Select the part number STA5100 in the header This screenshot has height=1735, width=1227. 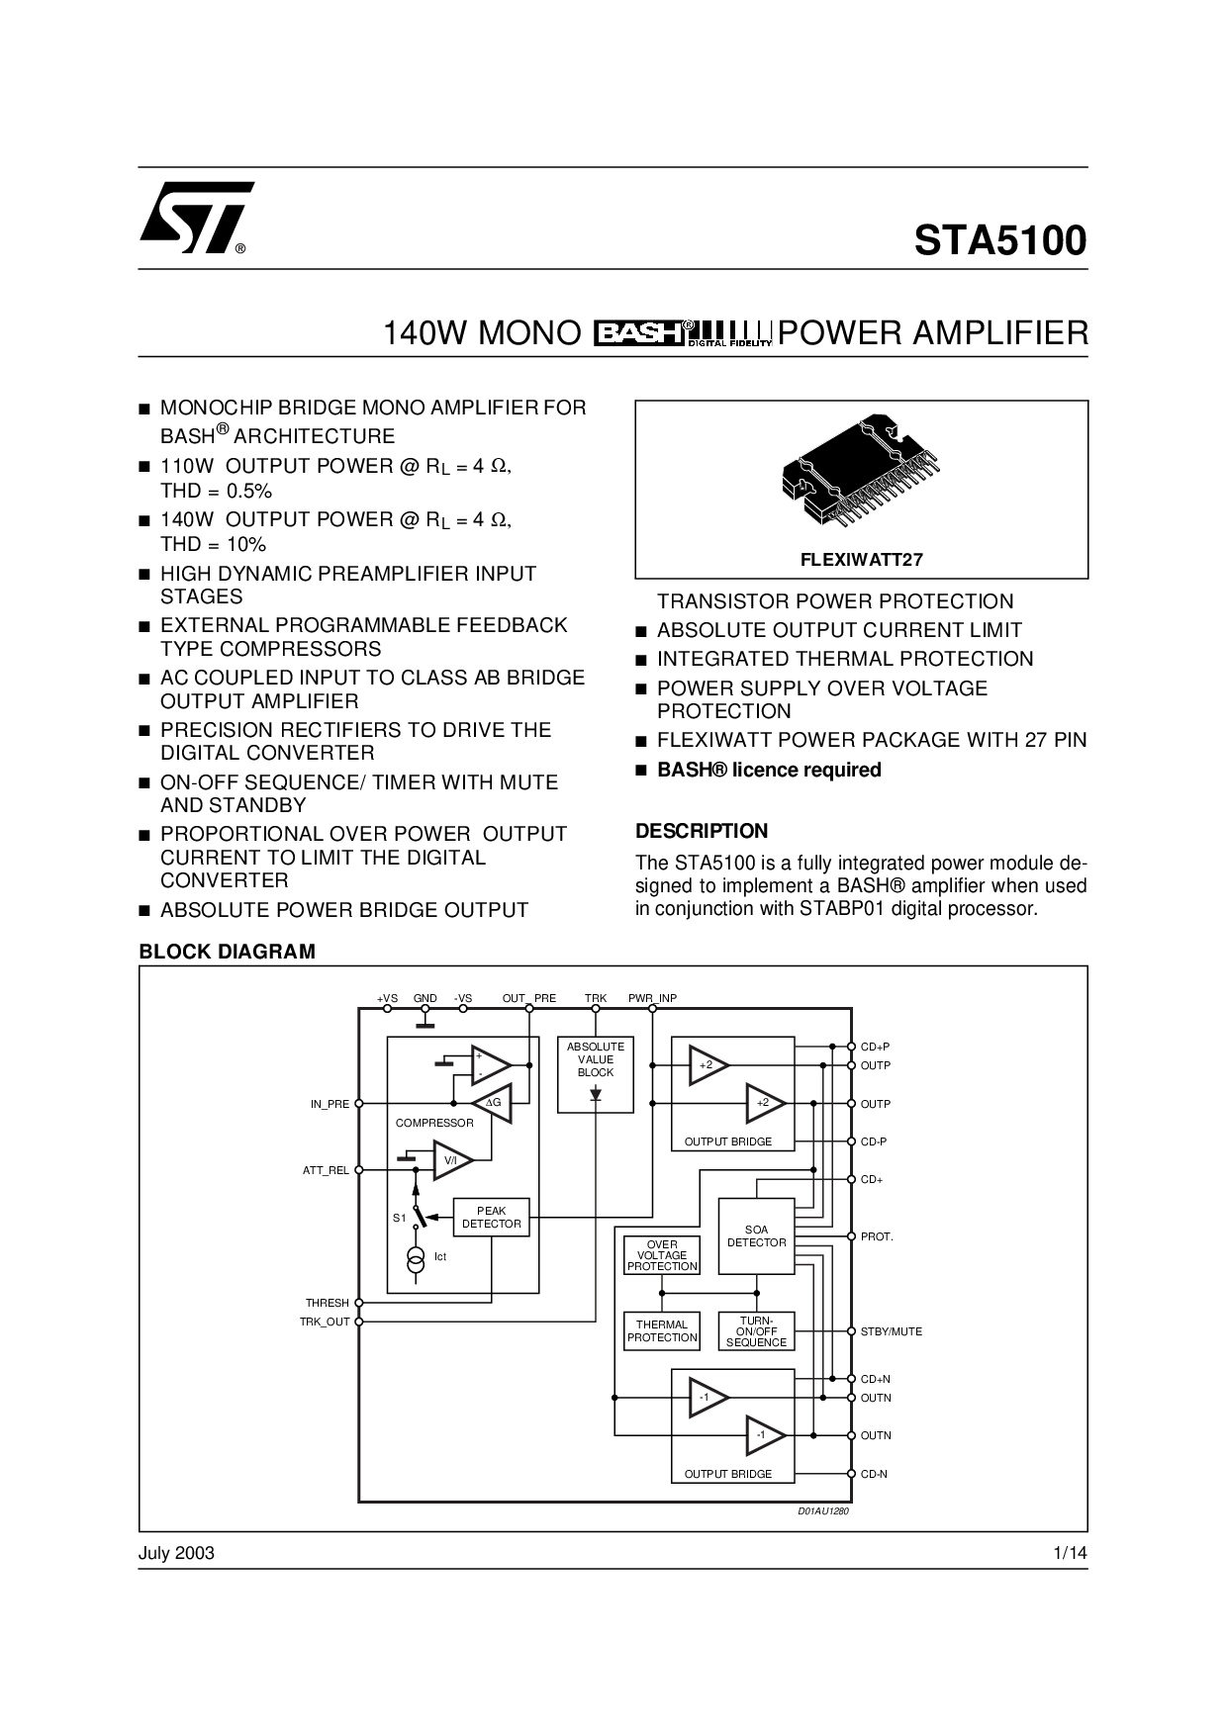click(999, 240)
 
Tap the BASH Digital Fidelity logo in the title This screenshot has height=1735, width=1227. click(682, 333)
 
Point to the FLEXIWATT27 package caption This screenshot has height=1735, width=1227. click(861, 560)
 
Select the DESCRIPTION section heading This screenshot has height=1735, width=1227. click(702, 831)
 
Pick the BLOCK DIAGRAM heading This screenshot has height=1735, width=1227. click(227, 952)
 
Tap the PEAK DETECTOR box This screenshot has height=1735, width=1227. click(491, 1218)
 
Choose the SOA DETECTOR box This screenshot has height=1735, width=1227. click(756, 1236)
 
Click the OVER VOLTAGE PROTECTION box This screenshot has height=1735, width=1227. click(662, 1255)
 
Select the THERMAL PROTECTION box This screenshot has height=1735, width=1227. click(662, 1330)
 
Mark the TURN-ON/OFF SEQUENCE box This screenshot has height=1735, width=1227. click(756, 1330)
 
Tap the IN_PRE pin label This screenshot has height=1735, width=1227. click(330, 1104)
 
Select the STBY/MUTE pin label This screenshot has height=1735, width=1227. click(891, 1331)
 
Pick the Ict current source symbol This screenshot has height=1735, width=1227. click(416, 1257)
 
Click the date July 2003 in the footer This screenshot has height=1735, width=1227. click(176, 1553)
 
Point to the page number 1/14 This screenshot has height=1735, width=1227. click(1071, 1553)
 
